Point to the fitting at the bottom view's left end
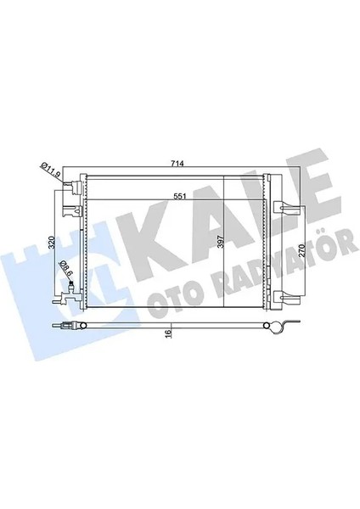[68, 328]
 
